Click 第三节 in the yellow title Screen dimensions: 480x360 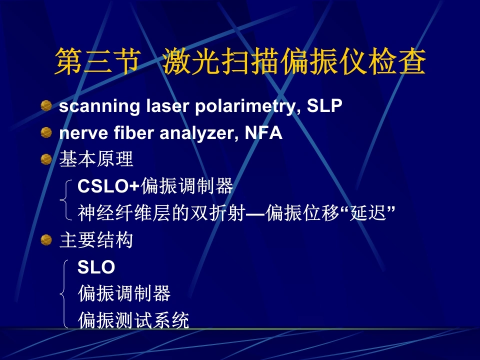click(x=97, y=61)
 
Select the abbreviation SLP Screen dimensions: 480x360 click(x=324, y=105)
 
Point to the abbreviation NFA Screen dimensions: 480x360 click(x=263, y=133)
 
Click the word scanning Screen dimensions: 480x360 click(x=99, y=106)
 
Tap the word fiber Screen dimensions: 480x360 click(x=134, y=133)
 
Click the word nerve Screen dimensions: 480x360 click(x=83, y=134)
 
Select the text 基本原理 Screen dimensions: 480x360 click(x=96, y=159)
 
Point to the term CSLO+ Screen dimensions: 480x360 click(x=108, y=186)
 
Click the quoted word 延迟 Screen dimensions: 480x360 click(x=368, y=213)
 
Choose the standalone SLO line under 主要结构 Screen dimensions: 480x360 click(x=96, y=267)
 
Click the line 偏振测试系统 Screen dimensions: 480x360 click(x=133, y=320)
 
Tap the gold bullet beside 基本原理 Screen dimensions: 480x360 click(x=46, y=159)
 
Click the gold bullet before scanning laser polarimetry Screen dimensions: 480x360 click(x=46, y=105)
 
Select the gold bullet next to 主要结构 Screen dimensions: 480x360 click(x=46, y=240)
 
